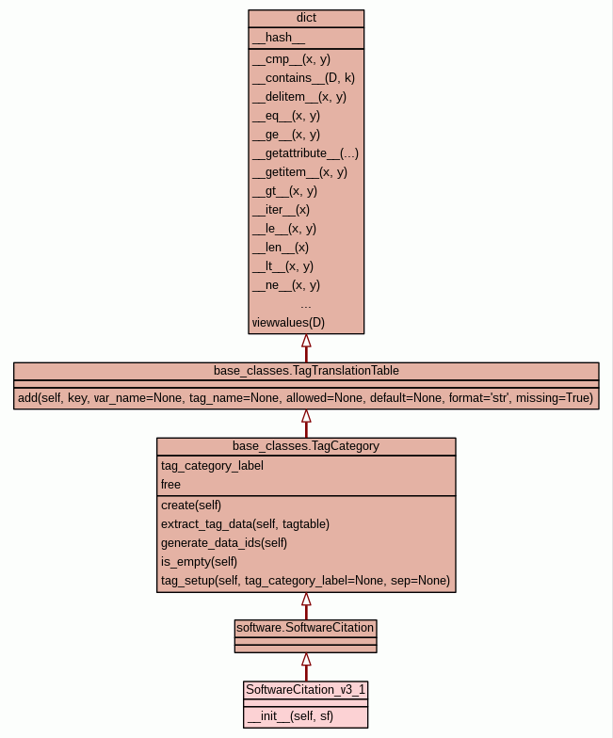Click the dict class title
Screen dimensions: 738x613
pos(306,18)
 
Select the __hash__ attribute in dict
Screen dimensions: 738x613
pos(279,38)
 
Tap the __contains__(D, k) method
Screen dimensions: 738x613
pos(303,78)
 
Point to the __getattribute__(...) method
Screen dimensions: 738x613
pos(305,153)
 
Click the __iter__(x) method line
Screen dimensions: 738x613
pos(281,210)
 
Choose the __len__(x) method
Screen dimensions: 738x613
pos(280,248)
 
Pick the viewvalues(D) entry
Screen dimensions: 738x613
pos(288,323)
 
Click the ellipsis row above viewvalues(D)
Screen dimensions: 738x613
pos(306,304)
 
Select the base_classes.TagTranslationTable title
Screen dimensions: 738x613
pos(306,370)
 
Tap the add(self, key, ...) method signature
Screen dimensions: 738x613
pos(306,398)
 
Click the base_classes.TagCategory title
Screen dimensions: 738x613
pos(306,445)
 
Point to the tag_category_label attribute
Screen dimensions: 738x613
pos(212,465)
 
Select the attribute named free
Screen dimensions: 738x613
pos(170,484)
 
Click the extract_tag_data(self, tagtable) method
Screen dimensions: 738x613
pos(245,523)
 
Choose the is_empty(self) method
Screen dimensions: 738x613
pos(199,561)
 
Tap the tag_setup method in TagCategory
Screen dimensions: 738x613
pos(305,580)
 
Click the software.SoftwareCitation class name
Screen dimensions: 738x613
pos(306,627)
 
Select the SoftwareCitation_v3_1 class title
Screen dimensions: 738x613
pos(306,690)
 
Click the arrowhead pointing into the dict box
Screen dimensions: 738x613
pos(306,342)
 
